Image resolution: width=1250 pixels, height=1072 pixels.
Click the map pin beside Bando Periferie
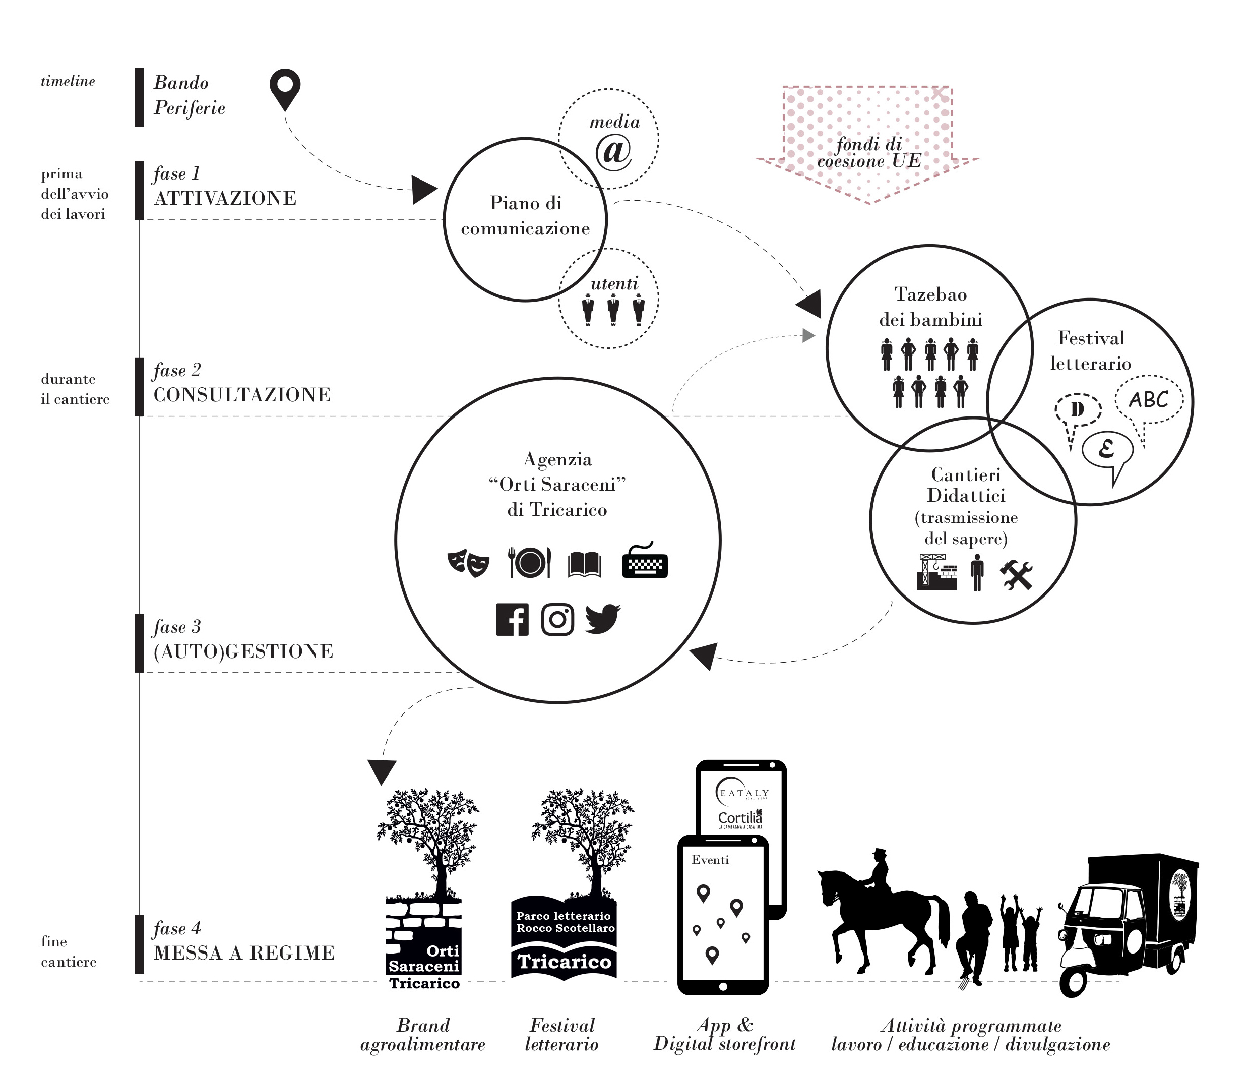tap(285, 88)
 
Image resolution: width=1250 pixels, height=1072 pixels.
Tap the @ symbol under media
tap(613, 151)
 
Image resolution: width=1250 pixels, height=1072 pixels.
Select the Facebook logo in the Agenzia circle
tap(512, 619)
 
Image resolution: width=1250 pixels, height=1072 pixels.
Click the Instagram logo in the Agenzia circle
tap(557, 619)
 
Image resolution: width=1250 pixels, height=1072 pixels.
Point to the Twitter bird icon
tap(602, 618)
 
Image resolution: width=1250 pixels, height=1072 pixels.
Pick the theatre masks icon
tap(468, 563)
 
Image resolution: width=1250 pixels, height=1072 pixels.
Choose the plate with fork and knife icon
tap(530, 563)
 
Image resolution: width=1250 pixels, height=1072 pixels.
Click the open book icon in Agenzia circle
tap(584, 564)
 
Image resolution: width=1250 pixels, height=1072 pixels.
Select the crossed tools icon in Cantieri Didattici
tap(1017, 575)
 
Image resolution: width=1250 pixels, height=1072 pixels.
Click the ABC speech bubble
tap(1149, 399)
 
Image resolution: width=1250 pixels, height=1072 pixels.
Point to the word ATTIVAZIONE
tap(225, 198)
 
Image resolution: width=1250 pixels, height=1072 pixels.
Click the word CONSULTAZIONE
tap(242, 395)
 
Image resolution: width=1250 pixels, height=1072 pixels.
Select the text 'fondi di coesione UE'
tap(869, 153)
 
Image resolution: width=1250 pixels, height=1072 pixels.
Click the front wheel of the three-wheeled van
tap(1073, 984)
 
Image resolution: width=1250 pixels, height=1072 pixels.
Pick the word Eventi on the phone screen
tap(710, 860)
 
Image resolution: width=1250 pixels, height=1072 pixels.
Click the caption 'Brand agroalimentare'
tap(423, 1035)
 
